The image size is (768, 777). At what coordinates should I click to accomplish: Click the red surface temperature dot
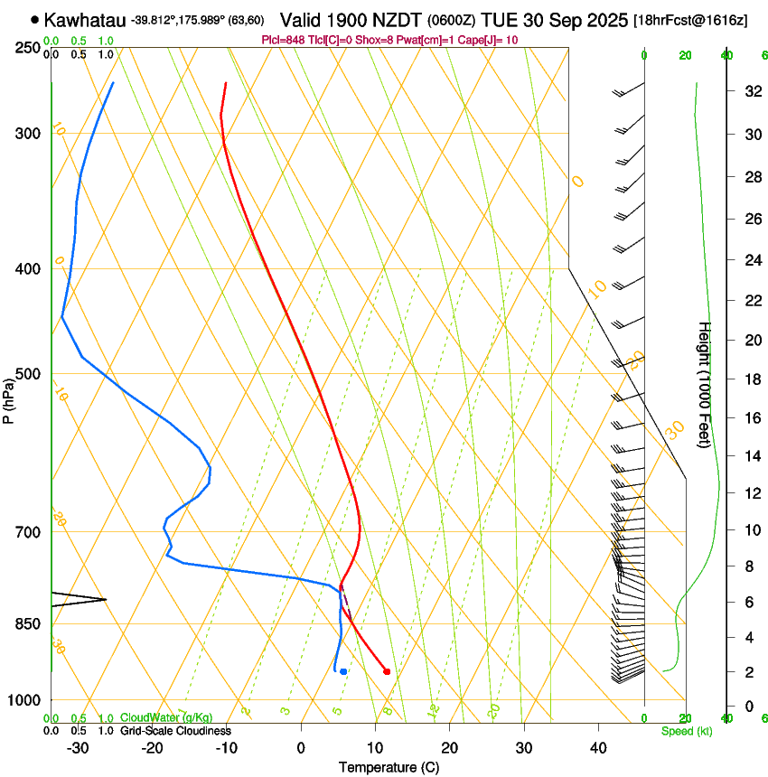coord(387,671)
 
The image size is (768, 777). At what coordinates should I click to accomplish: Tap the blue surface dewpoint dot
coord(343,671)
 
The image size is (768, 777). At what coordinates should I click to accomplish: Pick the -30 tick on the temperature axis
coord(78,748)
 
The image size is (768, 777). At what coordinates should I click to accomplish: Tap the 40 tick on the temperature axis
coord(597,748)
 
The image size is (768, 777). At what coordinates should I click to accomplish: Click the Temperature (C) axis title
coord(389,767)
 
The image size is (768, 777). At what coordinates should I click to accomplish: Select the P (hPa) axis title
coord(8,398)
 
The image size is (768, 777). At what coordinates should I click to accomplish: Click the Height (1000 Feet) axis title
coord(705,384)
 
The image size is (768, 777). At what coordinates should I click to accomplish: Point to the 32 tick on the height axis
coord(751,90)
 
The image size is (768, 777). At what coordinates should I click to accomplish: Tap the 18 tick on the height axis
coord(751,379)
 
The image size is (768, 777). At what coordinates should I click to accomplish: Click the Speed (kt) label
coord(686,731)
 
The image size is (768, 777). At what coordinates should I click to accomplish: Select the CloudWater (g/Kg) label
coord(166,718)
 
